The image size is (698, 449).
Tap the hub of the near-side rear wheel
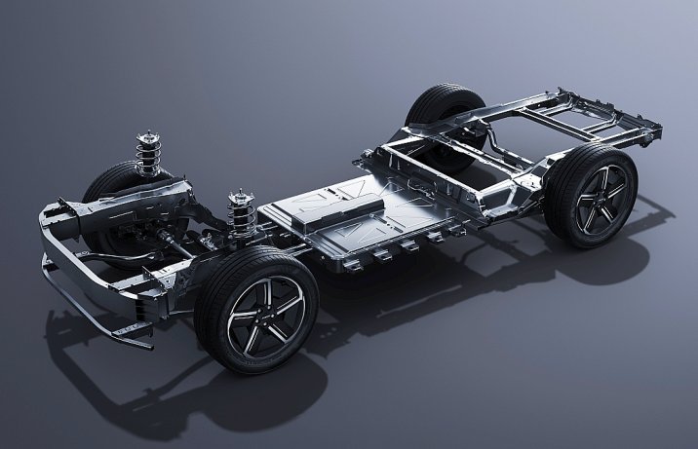[592, 197]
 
